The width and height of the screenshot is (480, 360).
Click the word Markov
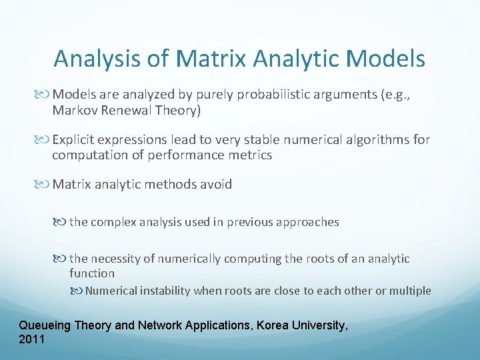(75, 111)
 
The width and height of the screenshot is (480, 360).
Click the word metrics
(251, 155)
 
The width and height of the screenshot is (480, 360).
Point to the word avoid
(215, 185)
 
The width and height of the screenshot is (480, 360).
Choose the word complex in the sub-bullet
(115, 222)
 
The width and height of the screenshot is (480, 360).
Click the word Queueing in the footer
(45, 325)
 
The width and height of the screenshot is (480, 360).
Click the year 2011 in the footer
(32, 339)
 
